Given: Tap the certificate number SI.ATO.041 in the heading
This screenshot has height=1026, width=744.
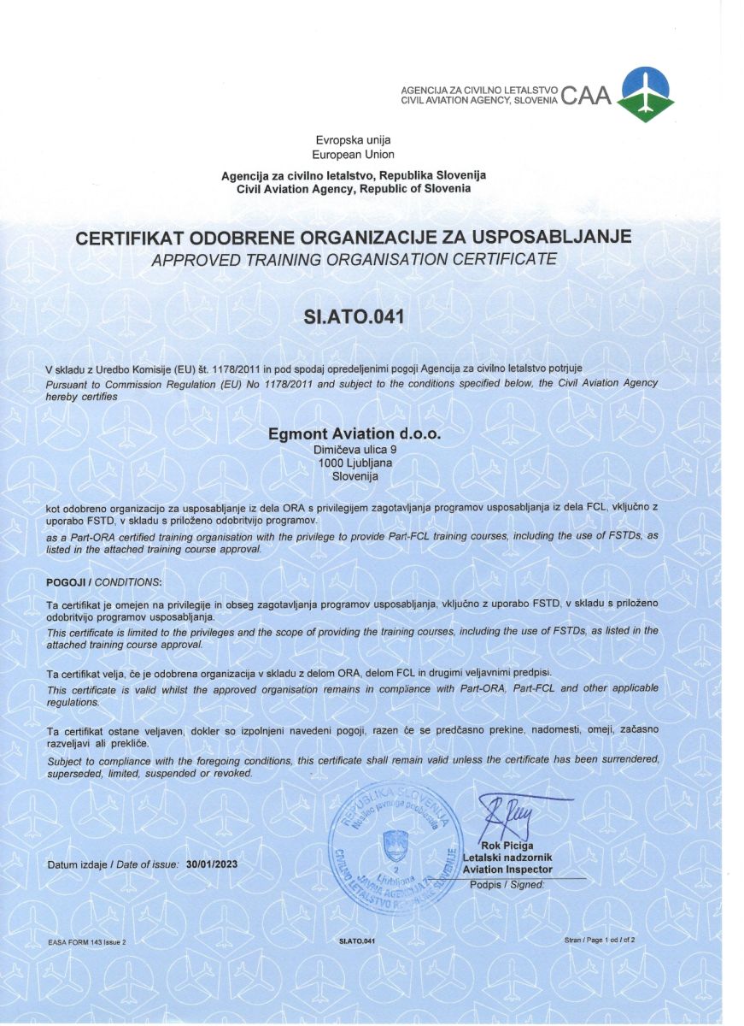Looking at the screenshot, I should (x=353, y=317).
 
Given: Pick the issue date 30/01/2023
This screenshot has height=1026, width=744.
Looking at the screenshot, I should (x=211, y=864).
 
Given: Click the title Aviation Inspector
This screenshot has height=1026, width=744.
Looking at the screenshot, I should (x=507, y=870).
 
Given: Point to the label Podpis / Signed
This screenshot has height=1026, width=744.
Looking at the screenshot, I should (x=507, y=885).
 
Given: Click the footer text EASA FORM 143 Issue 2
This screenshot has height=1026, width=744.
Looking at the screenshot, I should (x=87, y=941).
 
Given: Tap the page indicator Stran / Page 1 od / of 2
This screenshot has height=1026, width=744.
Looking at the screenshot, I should (x=600, y=940).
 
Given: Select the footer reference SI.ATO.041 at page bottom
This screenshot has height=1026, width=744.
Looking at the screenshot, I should (x=356, y=941).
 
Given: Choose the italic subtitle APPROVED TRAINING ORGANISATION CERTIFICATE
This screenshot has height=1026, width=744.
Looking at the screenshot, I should (x=354, y=259).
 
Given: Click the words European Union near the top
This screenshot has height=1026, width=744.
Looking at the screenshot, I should (x=354, y=155).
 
